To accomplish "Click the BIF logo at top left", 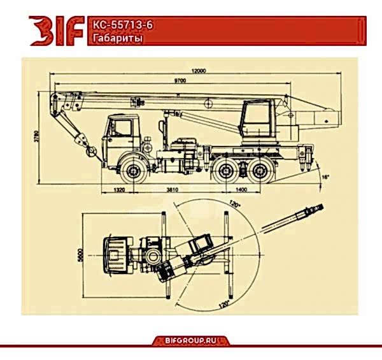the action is (x=57, y=31).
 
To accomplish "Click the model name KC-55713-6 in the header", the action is (x=122, y=25).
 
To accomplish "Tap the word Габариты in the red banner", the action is (x=118, y=38).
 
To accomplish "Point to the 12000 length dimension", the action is (x=199, y=71).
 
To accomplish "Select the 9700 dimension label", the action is (x=180, y=81).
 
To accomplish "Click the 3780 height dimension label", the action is (x=36, y=136).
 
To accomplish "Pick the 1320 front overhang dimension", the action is (x=120, y=190).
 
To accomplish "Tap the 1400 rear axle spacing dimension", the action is (x=241, y=190).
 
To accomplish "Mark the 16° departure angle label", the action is (x=325, y=177).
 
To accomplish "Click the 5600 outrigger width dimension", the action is (x=80, y=255).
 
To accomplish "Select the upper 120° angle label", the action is (x=234, y=204).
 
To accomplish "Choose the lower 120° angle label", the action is (x=224, y=304).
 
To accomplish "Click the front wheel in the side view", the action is (x=133, y=171).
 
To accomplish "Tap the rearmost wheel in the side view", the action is (x=260, y=171).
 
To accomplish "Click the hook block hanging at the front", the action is (x=91, y=151).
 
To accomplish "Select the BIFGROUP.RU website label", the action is (x=191, y=340).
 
